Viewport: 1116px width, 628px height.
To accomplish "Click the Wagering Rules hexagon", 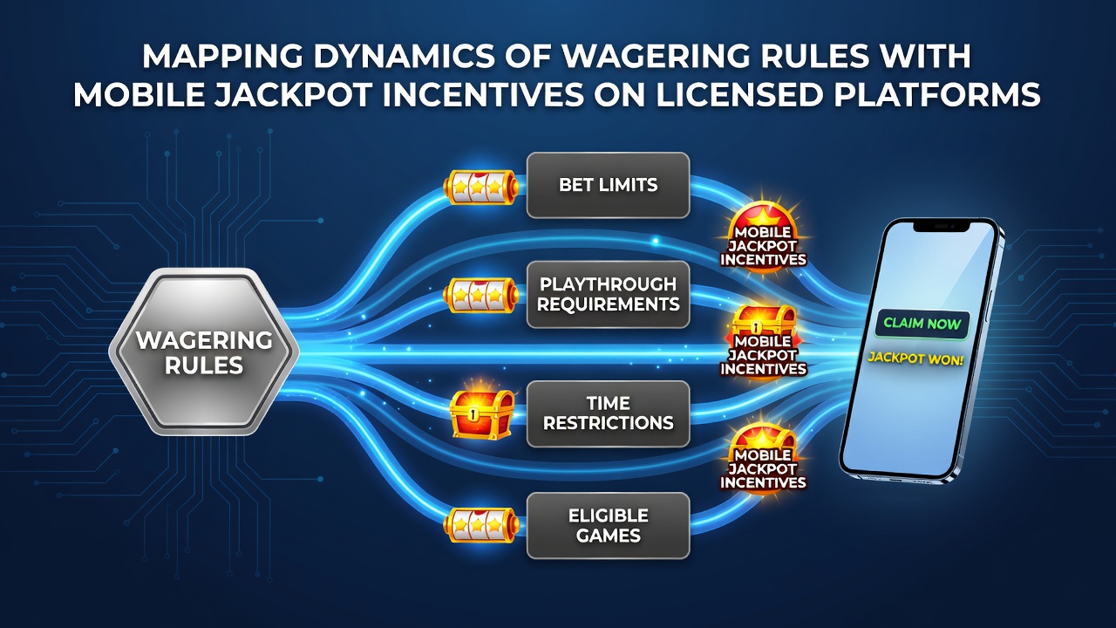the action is tap(204, 352).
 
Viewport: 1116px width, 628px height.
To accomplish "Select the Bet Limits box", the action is tap(608, 185).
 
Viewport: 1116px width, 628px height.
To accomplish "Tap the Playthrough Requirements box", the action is tap(608, 294).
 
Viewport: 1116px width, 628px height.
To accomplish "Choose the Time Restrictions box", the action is tap(608, 413).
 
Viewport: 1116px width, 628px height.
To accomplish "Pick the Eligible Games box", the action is tap(608, 525).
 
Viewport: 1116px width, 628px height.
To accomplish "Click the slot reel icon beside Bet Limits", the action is tap(480, 187).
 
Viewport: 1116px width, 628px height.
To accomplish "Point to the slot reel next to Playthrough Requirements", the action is tap(480, 296).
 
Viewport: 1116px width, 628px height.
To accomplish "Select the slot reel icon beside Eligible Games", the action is tap(480, 525).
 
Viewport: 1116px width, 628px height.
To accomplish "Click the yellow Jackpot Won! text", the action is tap(915, 358).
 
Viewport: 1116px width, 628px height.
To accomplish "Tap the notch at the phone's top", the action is tap(942, 227).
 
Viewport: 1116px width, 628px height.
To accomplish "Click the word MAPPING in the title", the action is tap(222, 56).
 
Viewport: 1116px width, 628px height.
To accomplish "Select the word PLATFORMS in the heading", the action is tap(937, 94).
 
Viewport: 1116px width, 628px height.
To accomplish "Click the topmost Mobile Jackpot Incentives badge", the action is tap(763, 238).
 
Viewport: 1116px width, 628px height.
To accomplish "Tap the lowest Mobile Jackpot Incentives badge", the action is tap(763, 460).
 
